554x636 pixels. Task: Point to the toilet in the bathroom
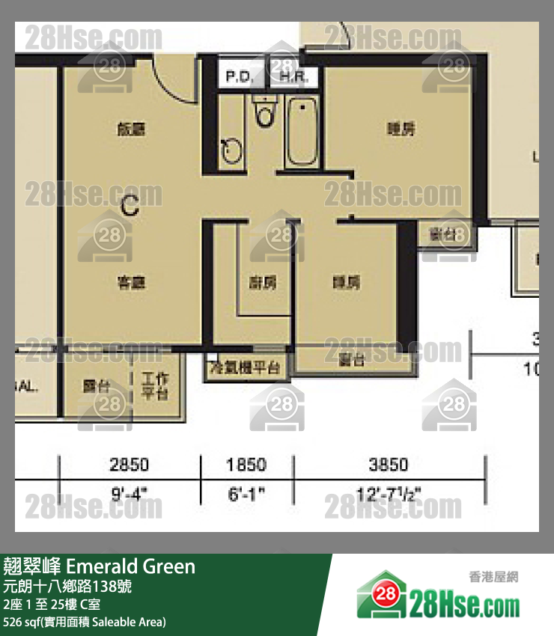pos(263,114)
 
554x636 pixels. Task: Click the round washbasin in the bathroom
pos(232,152)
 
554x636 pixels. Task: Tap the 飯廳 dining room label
pos(130,129)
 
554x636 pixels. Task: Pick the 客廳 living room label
pos(130,282)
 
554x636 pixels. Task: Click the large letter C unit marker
pos(130,205)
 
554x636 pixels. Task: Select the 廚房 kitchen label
pos(263,282)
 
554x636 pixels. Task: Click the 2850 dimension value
pos(130,465)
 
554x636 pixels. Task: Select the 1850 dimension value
pos(246,465)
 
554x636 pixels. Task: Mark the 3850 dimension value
pos(389,465)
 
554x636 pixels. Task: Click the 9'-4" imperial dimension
pos(130,495)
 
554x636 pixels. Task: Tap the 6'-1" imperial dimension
pos(246,495)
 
